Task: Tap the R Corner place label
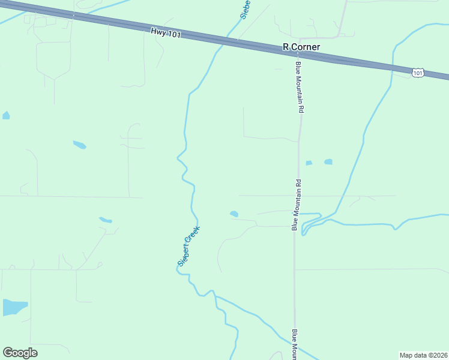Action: [301, 47]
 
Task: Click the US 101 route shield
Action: [418, 73]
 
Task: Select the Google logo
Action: [20, 353]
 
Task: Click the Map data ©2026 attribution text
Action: [423, 355]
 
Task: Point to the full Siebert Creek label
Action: [188, 246]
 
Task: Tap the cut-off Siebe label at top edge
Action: [245, 10]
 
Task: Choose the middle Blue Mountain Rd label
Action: [295, 205]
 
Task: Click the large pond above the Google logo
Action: [14, 307]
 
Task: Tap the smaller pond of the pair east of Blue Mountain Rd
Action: [309, 163]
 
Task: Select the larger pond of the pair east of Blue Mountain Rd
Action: [328, 161]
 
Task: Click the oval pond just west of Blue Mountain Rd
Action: [234, 213]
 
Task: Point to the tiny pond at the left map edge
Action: [5, 115]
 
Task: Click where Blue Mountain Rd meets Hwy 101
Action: [298, 53]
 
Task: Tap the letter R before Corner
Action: [286, 47]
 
